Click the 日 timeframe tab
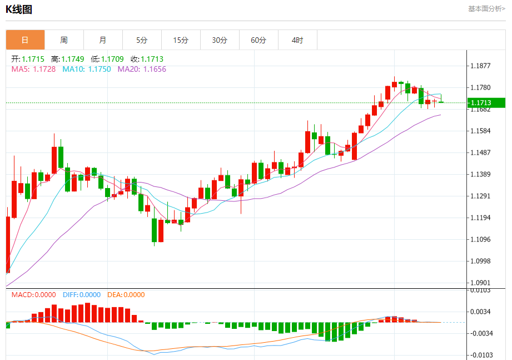(x=25, y=40)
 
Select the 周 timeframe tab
(x=64, y=40)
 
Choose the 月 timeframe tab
(x=103, y=40)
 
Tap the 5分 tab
(x=142, y=40)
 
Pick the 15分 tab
(x=181, y=40)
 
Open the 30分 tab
(x=220, y=40)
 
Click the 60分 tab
(x=259, y=40)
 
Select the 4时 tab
(x=297, y=40)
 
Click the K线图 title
(x=19, y=9)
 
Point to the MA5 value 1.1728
(x=44, y=69)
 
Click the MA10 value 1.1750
(x=99, y=69)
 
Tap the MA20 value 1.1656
(x=155, y=69)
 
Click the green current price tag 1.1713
(x=486, y=102)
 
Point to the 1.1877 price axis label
(x=480, y=66)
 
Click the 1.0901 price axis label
(x=480, y=283)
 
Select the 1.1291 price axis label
(x=480, y=196)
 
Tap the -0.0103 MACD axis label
(x=481, y=354)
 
